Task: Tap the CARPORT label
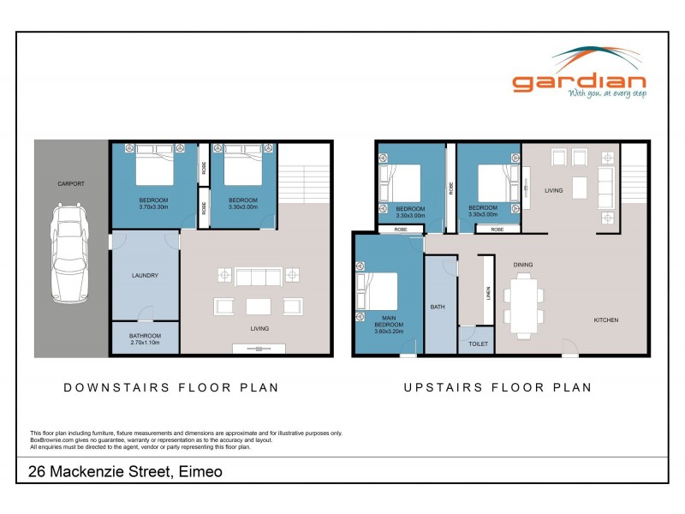tap(71, 183)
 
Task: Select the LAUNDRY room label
tap(145, 275)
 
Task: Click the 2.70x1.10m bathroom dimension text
tap(145, 342)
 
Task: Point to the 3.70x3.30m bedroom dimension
tap(154, 206)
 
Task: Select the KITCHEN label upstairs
tap(606, 320)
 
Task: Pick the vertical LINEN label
tap(488, 293)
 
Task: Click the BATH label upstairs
tap(437, 306)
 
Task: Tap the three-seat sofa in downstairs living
tap(258, 276)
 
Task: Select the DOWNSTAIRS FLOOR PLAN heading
tap(172, 387)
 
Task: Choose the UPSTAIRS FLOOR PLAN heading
tap(497, 387)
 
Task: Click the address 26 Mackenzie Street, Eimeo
tap(118, 470)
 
